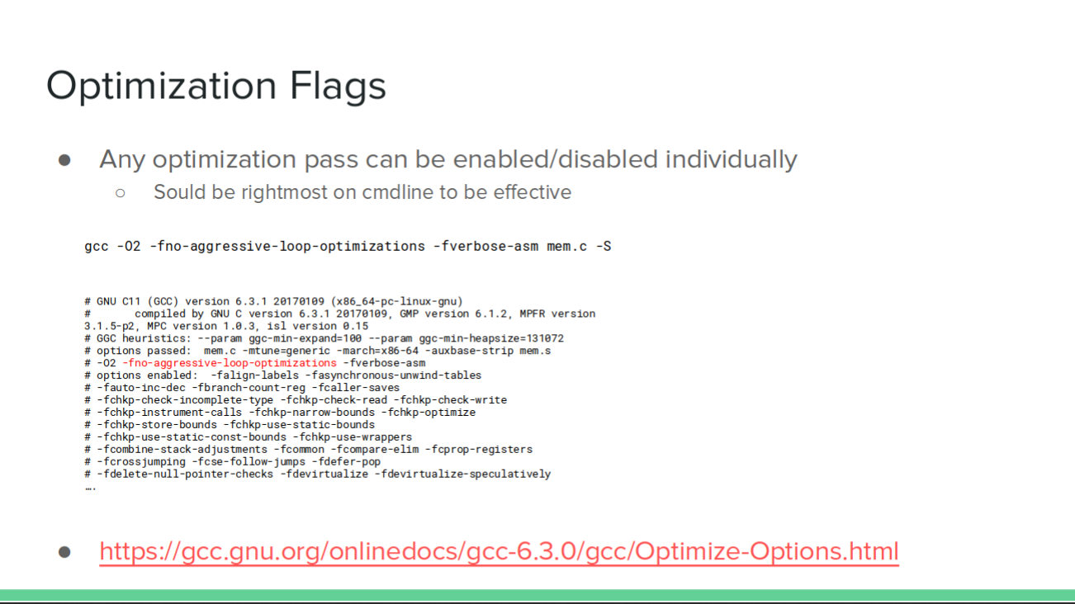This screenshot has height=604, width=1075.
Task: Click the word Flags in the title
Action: (338, 87)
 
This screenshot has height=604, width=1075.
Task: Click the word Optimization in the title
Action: (161, 87)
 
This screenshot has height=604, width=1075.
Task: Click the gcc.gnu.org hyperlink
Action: (499, 550)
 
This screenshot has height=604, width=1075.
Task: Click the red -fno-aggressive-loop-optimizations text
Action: (230, 363)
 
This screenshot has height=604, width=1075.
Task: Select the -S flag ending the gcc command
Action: (604, 246)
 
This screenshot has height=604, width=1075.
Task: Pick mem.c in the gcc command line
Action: (566, 246)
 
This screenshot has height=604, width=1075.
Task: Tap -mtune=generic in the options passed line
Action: (286, 351)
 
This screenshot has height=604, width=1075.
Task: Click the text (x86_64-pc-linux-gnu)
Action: (396, 301)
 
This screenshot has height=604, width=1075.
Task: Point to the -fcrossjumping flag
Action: (141, 462)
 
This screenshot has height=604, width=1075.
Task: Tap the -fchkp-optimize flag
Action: (432, 412)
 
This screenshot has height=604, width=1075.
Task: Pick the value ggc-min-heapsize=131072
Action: (491, 338)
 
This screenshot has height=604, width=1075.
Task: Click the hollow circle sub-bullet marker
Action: (121, 193)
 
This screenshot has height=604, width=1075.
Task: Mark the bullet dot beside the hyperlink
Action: (64, 552)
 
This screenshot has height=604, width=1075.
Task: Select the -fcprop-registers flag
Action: (482, 450)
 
